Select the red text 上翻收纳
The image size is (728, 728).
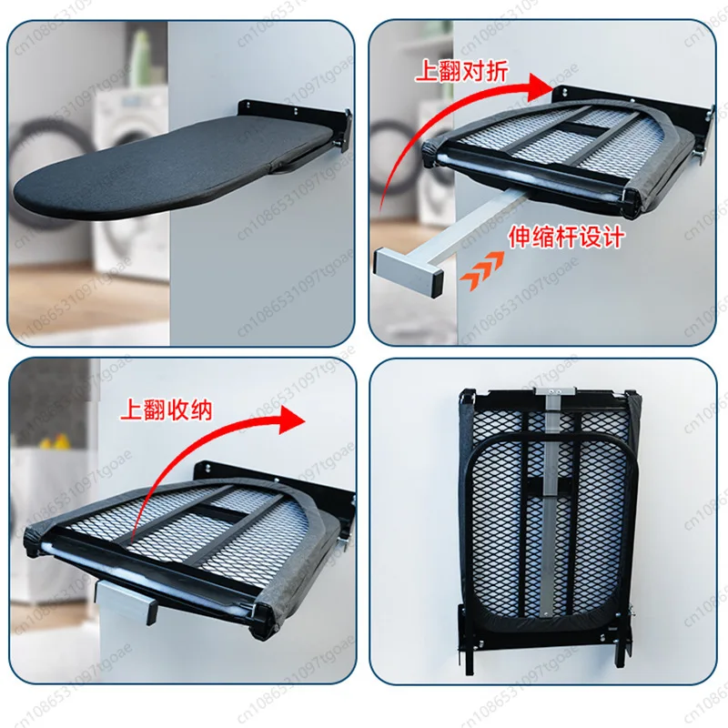pos(167,409)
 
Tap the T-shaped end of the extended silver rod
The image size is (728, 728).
pos(409,269)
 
